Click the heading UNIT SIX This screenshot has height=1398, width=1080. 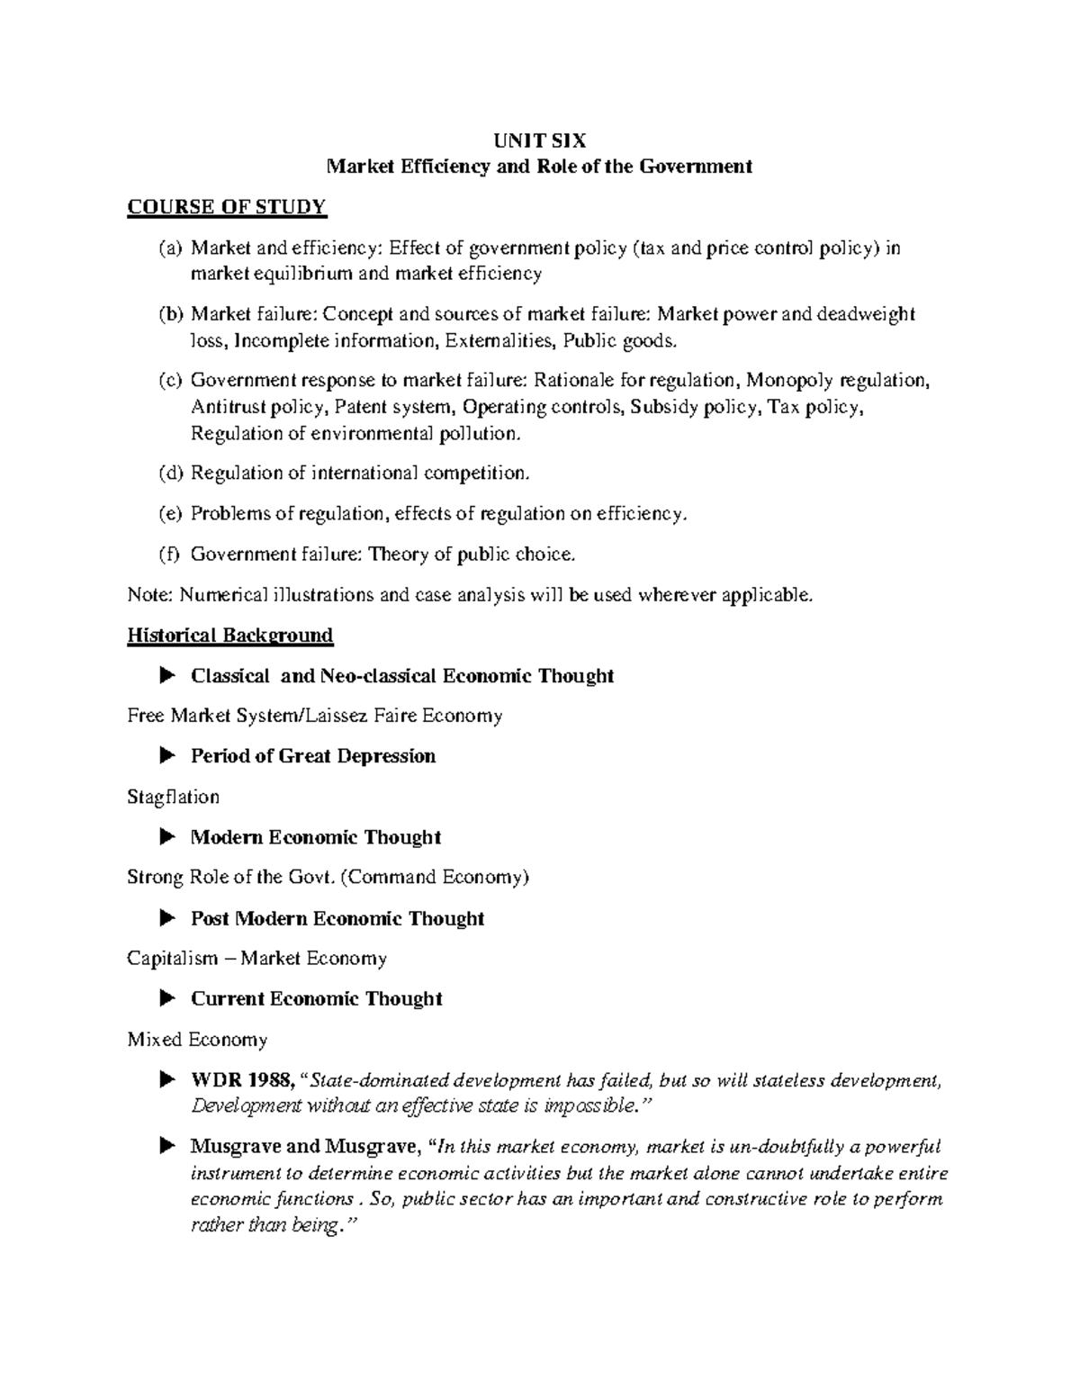(x=539, y=140)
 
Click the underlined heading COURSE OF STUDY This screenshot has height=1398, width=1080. (x=227, y=207)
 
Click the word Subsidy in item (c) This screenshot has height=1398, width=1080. (x=663, y=407)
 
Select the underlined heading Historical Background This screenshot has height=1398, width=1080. (x=229, y=635)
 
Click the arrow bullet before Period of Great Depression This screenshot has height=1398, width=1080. (x=167, y=755)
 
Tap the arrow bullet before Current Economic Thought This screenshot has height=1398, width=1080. (x=167, y=998)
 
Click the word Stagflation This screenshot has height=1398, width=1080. (x=173, y=797)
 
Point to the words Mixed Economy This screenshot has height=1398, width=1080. (x=197, y=1040)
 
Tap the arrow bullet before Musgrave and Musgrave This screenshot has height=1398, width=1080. (x=167, y=1146)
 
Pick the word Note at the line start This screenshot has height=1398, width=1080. (x=148, y=595)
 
